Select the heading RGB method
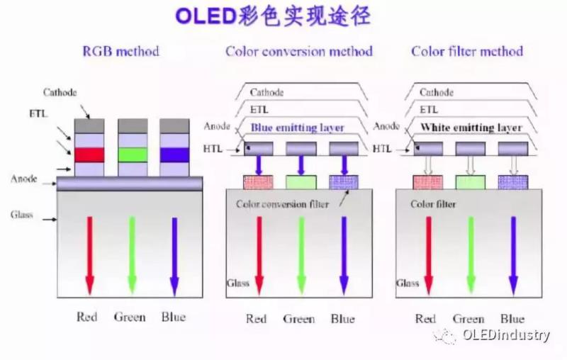[120, 51]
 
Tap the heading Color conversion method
[299, 51]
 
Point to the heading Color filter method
[467, 51]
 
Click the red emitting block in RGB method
[90, 154]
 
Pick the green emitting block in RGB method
[133, 154]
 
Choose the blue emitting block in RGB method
[174, 154]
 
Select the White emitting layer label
[471, 128]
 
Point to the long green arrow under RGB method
[133, 255]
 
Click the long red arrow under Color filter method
[428, 255]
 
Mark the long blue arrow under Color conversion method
[344, 255]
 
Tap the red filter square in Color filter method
[427, 180]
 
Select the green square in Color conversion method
[301, 180]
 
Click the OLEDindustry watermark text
[505, 335]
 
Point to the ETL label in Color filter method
[429, 110]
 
